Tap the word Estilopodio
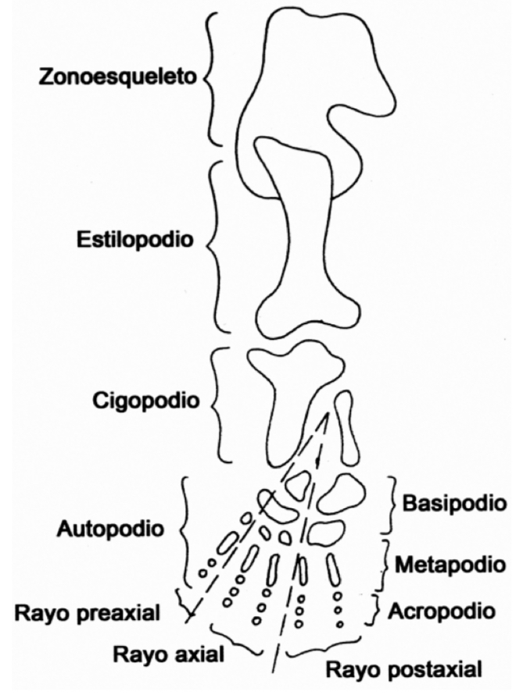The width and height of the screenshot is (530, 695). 134,240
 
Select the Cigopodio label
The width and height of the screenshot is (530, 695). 144,401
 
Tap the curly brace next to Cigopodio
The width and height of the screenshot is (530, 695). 217,404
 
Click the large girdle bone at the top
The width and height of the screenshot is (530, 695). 305,86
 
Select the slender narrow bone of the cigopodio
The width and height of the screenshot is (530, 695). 345,429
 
